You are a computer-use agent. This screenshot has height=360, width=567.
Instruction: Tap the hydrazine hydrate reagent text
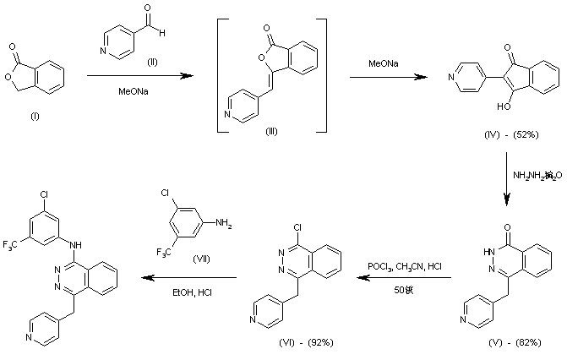pyautogui.click(x=536, y=176)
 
